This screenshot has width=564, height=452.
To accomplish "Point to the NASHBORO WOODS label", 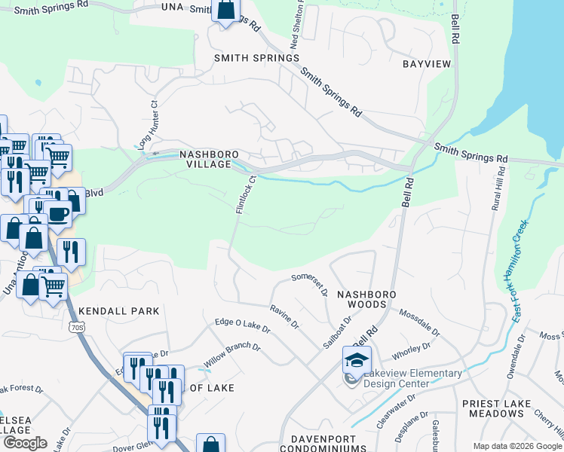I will pos(362,299).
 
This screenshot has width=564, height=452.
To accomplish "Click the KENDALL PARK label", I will pos(119,310).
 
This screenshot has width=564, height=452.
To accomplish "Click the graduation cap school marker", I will pos(357,359).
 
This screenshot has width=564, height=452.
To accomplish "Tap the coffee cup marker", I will pos(57,212).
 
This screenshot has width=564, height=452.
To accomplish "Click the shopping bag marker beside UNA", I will pos(225,11).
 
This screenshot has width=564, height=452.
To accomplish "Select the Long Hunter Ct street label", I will pos(146,126).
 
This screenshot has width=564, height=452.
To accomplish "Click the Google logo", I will pos(24,443).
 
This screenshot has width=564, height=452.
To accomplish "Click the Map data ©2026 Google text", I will pos(516,446).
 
